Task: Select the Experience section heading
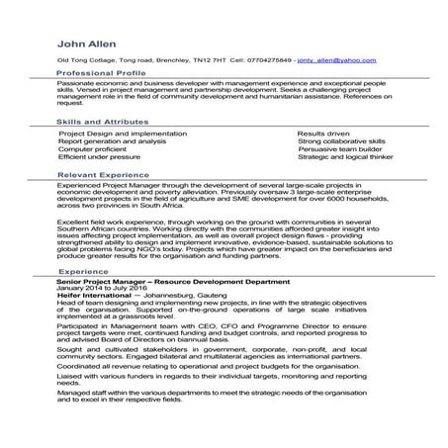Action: [x=83, y=270]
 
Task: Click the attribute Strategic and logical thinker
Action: [x=344, y=157]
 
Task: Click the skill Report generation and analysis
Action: [x=112, y=141]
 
